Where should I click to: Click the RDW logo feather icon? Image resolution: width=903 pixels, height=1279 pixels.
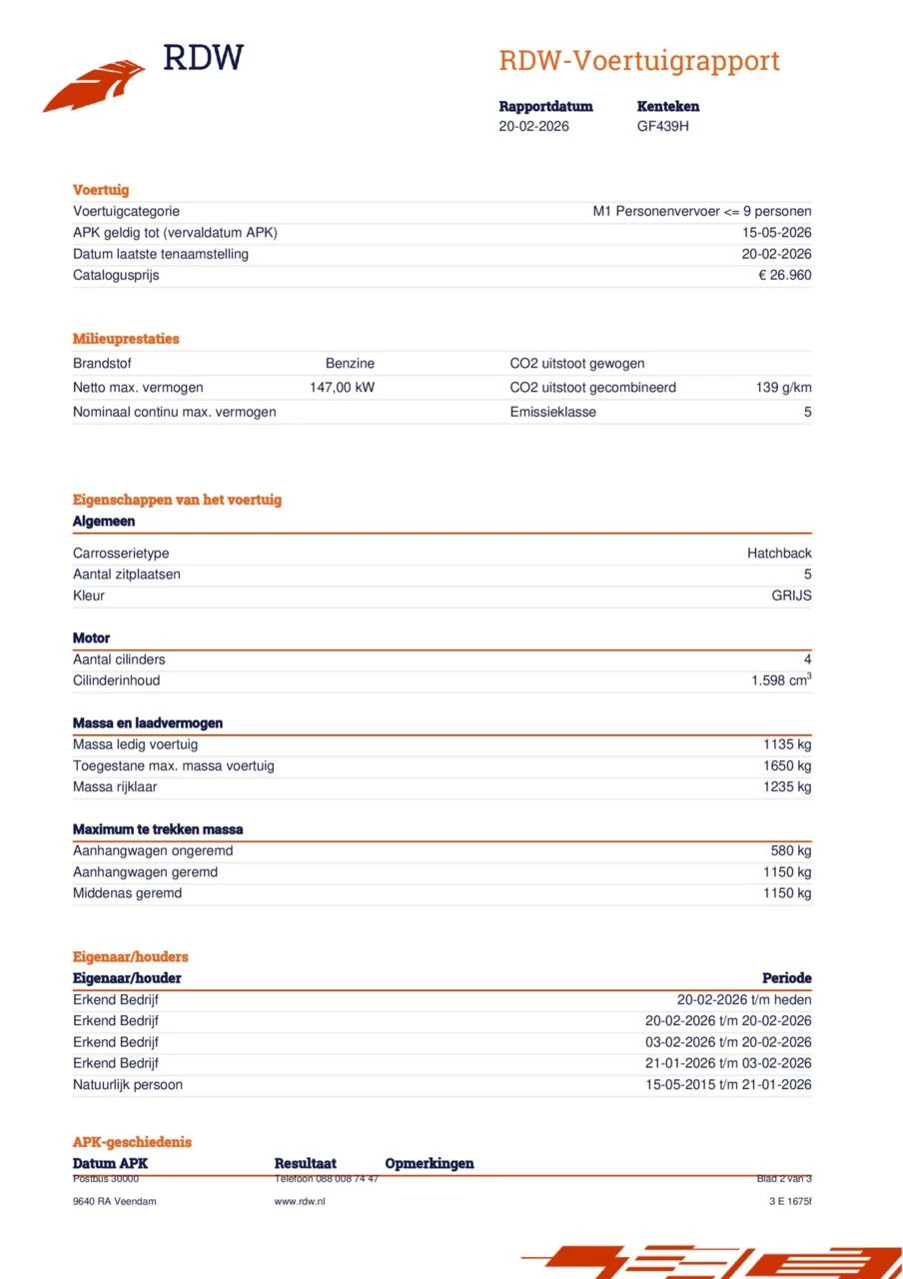click(94, 86)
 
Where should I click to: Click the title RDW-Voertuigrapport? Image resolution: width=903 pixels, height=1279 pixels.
click(638, 61)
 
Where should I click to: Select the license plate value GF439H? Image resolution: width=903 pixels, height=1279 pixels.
click(662, 126)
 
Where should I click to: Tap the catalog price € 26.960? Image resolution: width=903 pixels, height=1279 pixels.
click(784, 275)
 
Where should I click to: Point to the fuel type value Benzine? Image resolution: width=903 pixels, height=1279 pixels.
click(350, 364)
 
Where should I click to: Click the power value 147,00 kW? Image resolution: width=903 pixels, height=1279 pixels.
click(342, 388)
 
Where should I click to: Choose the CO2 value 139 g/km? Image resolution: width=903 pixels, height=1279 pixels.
click(783, 388)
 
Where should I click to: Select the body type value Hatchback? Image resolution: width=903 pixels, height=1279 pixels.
click(779, 554)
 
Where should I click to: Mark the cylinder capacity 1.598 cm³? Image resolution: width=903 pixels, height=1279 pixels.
click(781, 680)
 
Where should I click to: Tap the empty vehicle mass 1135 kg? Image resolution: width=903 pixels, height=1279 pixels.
click(787, 744)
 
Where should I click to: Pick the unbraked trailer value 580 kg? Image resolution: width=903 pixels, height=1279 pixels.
click(790, 851)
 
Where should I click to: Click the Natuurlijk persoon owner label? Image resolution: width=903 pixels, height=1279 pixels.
click(128, 1084)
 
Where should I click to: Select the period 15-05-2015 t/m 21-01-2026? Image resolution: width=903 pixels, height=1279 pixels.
click(728, 1084)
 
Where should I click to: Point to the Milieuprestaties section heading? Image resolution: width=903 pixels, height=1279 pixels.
click(126, 339)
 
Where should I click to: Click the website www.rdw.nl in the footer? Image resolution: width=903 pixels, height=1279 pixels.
click(300, 1201)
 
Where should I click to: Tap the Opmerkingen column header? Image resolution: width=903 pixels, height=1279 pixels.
click(430, 1163)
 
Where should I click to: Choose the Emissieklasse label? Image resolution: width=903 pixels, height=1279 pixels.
click(552, 412)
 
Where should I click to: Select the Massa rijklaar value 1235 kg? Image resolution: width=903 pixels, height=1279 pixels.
click(787, 786)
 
